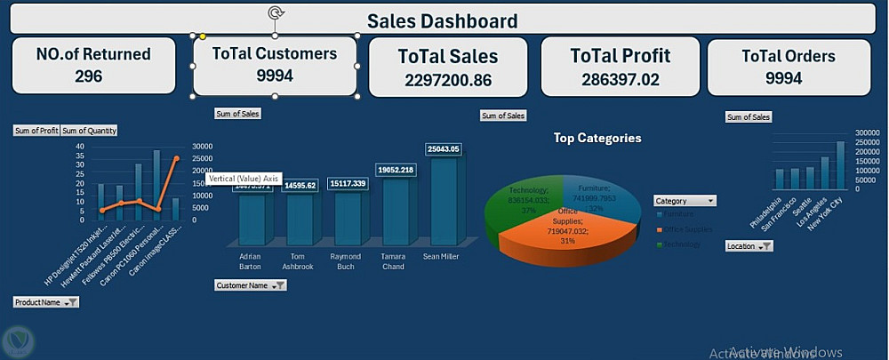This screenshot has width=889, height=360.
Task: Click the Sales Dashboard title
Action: coord(442,20)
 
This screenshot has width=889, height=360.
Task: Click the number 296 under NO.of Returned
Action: coord(89,76)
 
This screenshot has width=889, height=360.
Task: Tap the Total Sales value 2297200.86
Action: coord(447,81)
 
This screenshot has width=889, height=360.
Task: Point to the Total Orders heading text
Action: coord(789,56)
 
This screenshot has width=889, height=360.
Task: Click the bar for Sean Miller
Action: coord(444,200)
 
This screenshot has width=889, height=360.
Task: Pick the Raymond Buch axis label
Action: coord(346,260)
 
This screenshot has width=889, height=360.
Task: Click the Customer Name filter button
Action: coord(279,285)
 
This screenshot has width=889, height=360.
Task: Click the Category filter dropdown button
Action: coord(710,201)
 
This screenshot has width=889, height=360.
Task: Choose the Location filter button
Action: coord(766,246)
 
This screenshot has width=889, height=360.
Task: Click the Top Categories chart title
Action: coord(597,138)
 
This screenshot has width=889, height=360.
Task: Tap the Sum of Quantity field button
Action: coord(89,131)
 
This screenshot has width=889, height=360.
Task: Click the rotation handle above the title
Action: coord(276,12)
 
